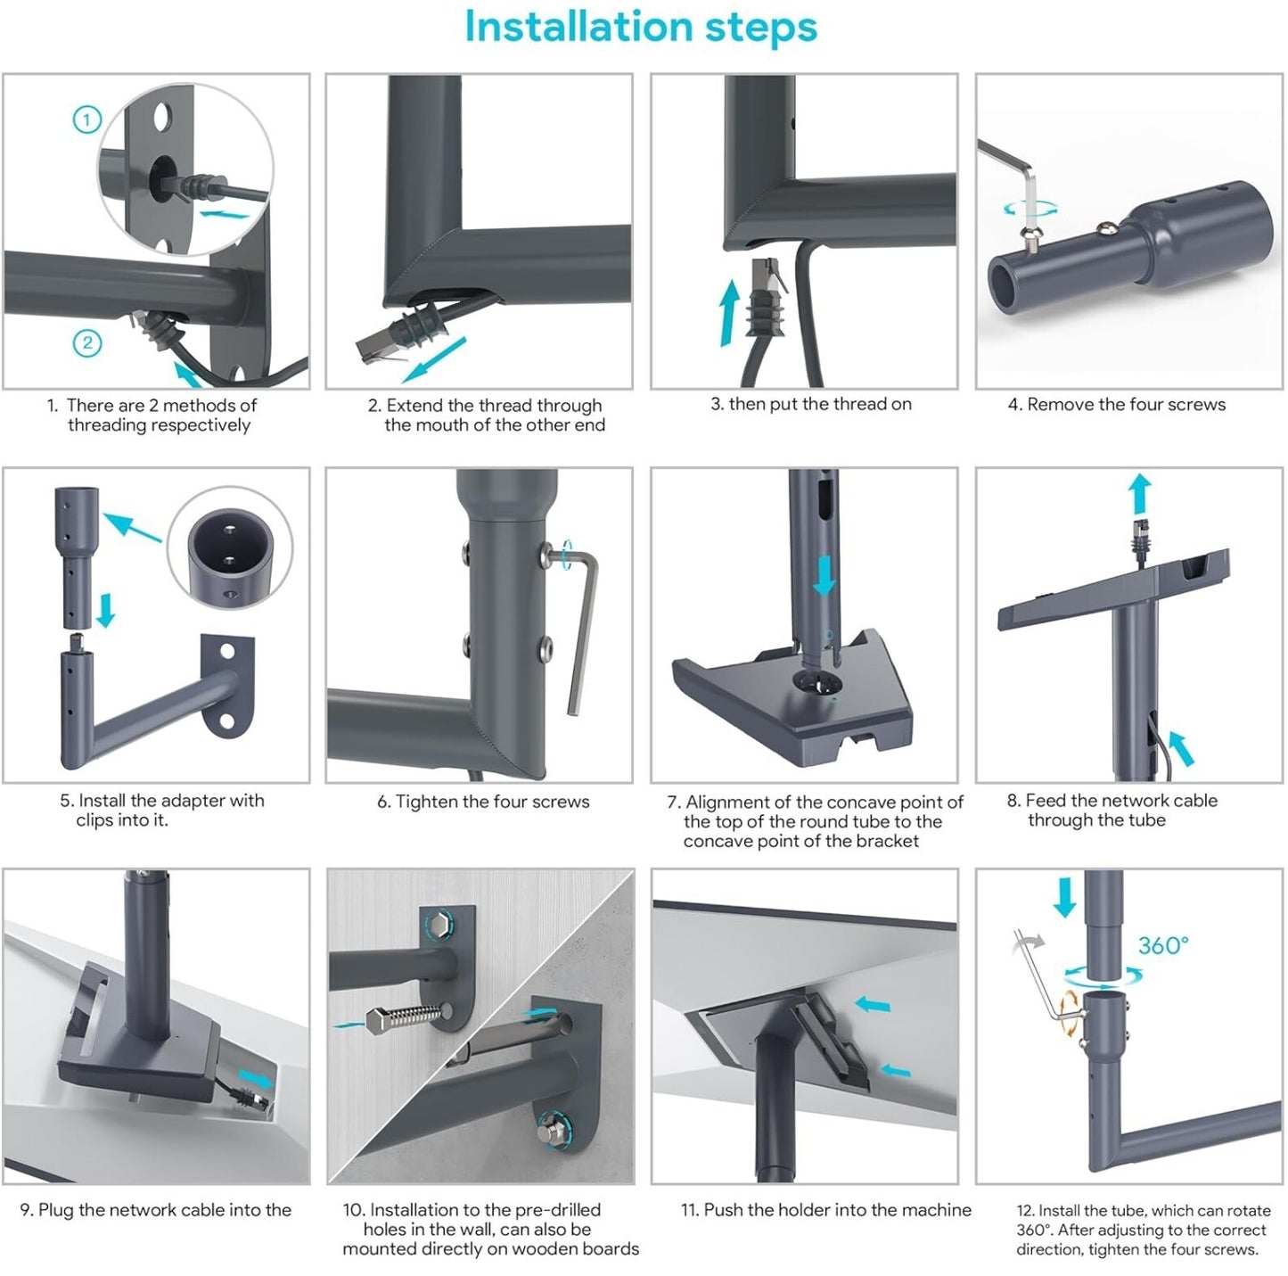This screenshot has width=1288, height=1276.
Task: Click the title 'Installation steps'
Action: [x=640, y=28]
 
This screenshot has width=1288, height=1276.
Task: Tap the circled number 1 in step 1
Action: [x=86, y=120]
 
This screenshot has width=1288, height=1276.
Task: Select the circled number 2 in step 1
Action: [x=86, y=344]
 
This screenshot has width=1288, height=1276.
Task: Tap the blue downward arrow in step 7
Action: [x=824, y=575]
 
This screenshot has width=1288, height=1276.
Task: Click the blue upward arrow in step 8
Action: [x=1140, y=494]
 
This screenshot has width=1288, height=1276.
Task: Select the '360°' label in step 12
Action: [x=1163, y=945]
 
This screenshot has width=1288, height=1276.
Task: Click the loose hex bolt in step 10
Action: [x=405, y=1018]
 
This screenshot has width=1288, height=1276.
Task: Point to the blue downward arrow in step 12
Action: [x=1065, y=897]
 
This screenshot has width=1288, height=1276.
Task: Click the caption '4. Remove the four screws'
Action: [x=1116, y=405]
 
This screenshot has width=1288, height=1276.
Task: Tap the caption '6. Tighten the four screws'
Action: [x=482, y=801]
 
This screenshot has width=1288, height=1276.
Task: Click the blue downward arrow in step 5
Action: [x=105, y=609]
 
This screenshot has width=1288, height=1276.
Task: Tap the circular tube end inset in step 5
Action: [x=229, y=548]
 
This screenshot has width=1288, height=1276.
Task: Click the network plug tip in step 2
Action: [x=374, y=347]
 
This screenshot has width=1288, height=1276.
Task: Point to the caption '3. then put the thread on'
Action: [x=811, y=404]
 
